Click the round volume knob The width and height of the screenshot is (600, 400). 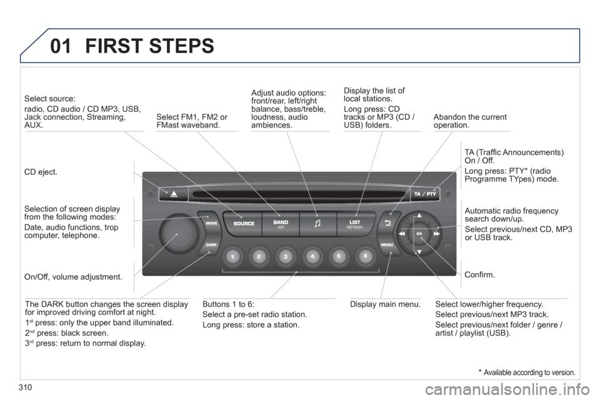pyautogui.click(x=177, y=232)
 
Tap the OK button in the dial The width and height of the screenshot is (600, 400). pyautogui.click(x=419, y=233)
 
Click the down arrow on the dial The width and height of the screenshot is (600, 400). pyautogui.click(x=419, y=251)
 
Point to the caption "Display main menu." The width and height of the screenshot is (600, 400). pyautogui.click(x=383, y=304)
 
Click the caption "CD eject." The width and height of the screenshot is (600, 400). pyautogui.click(x=42, y=172)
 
